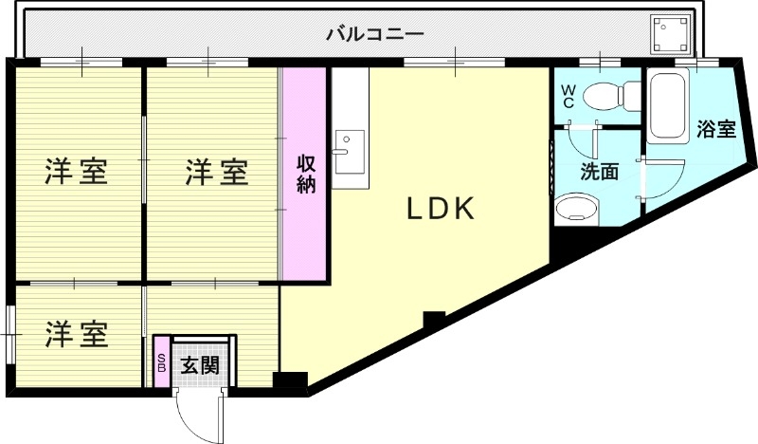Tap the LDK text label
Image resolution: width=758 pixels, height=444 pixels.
click(440, 209)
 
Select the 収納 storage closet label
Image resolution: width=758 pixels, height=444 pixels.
click(305, 174)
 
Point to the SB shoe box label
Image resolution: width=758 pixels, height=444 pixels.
click(161, 362)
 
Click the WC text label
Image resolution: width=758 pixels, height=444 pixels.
click(568, 96)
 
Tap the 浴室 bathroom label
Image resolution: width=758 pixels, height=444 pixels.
click(716, 130)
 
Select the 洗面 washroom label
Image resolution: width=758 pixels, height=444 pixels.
click(599, 172)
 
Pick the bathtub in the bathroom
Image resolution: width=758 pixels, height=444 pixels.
click(671, 106)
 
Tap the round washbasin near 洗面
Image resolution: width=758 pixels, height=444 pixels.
click(575, 208)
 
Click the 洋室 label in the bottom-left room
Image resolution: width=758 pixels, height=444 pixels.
click(77, 334)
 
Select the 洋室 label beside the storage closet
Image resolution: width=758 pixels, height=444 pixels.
click(216, 173)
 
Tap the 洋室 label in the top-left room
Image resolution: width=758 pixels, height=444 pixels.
click(77, 173)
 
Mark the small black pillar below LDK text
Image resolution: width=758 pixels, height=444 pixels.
click(434, 320)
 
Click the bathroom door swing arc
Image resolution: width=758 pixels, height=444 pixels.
click(665, 177)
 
